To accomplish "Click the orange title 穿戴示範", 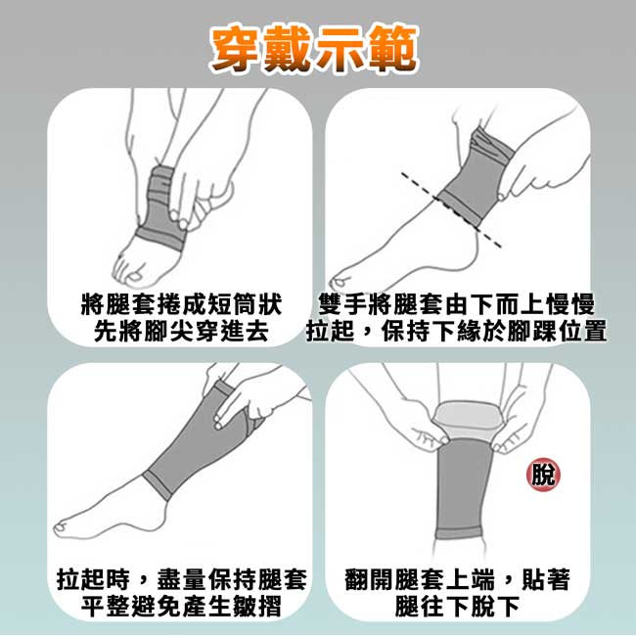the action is click(314, 49).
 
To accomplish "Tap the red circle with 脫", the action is click(543, 475).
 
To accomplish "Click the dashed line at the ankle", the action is click(451, 209).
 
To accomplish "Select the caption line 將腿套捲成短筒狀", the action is click(181, 304).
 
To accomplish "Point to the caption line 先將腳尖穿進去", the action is click(181, 332).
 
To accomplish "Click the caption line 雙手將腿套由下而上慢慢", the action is click(456, 304).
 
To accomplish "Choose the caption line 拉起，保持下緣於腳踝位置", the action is click(456, 332).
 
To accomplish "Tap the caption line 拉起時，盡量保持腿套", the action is click(181, 579).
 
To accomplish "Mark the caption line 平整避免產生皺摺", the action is click(181, 607).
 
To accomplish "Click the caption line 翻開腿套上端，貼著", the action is click(458, 579).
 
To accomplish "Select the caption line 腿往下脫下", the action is click(458, 607).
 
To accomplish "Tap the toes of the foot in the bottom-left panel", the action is click(61, 526).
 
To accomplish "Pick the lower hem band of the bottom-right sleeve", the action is click(458, 532).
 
